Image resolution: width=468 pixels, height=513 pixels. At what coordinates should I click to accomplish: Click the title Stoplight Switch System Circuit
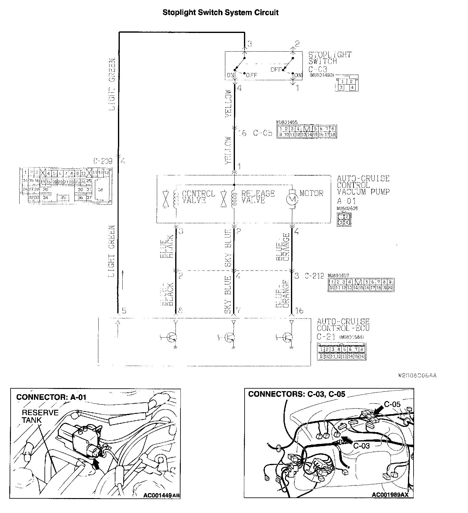click(x=221, y=13)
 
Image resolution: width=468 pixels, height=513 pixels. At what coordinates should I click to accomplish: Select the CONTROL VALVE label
click(x=198, y=197)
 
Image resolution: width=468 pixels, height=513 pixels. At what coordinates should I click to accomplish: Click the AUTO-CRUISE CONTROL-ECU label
click(x=343, y=325)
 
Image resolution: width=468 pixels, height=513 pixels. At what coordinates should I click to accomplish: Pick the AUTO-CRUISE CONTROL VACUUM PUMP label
click(x=363, y=185)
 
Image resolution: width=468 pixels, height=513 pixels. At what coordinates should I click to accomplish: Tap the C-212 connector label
click(x=314, y=276)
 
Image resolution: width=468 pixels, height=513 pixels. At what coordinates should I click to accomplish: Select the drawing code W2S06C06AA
click(x=417, y=376)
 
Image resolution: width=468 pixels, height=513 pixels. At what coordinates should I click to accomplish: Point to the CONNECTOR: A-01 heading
click(x=51, y=397)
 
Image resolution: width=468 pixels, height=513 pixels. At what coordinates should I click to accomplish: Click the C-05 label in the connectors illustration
click(x=392, y=404)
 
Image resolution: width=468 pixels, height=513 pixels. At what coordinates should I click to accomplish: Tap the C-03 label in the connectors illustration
click(x=361, y=446)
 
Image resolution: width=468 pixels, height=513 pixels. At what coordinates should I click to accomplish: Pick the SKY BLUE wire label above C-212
click(x=228, y=248)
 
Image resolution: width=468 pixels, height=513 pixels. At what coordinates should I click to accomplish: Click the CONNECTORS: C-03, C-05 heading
click(x=297, y=394)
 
